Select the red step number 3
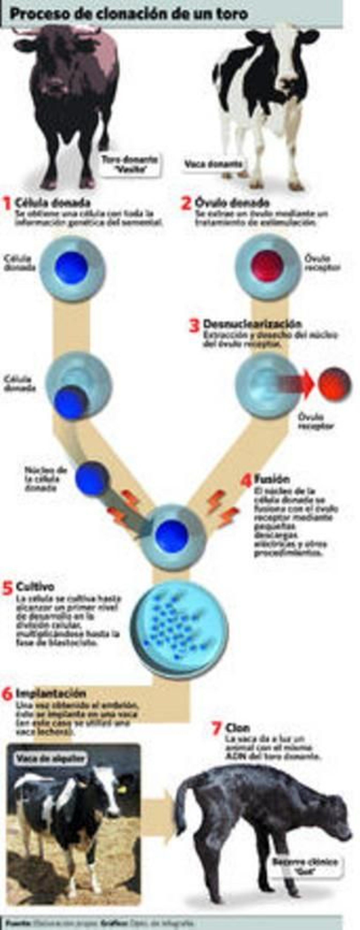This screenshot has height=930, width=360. (194, 326)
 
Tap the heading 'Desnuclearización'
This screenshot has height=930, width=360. (252, 323)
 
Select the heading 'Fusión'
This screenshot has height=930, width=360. (272, 479)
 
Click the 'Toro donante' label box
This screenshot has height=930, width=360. (130, 165)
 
